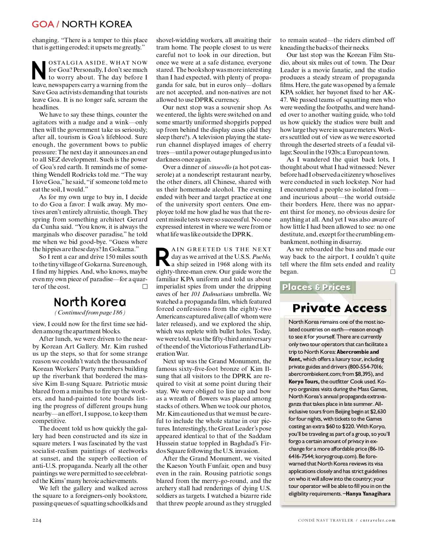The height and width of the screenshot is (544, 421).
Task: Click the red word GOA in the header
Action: click(43, 24)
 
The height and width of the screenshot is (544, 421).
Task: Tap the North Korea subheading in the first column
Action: click(90, 302)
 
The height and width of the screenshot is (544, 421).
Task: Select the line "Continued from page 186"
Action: click(90, 313)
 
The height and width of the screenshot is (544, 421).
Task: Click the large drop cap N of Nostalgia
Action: click(39, 70)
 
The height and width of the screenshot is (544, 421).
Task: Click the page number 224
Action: click(37, 520)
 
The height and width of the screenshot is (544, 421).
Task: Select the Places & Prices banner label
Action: click(316, 287)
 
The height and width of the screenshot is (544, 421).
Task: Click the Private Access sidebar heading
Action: click(339, 308)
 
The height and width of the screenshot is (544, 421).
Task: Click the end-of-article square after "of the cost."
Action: click(145, 287)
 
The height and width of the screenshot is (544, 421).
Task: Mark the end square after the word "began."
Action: click(393, 272)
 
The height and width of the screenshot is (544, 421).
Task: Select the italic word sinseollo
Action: click(220, 167)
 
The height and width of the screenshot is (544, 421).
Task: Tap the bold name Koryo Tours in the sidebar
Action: click(304, 381)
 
